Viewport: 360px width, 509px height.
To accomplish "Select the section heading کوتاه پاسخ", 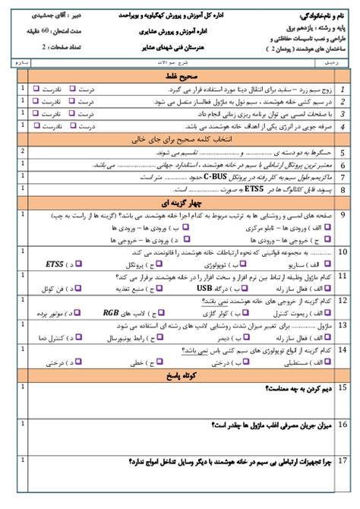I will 180,375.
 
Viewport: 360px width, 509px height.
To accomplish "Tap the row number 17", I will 343,463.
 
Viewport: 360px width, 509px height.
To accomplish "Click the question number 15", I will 343,388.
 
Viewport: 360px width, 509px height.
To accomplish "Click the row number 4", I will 343,127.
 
